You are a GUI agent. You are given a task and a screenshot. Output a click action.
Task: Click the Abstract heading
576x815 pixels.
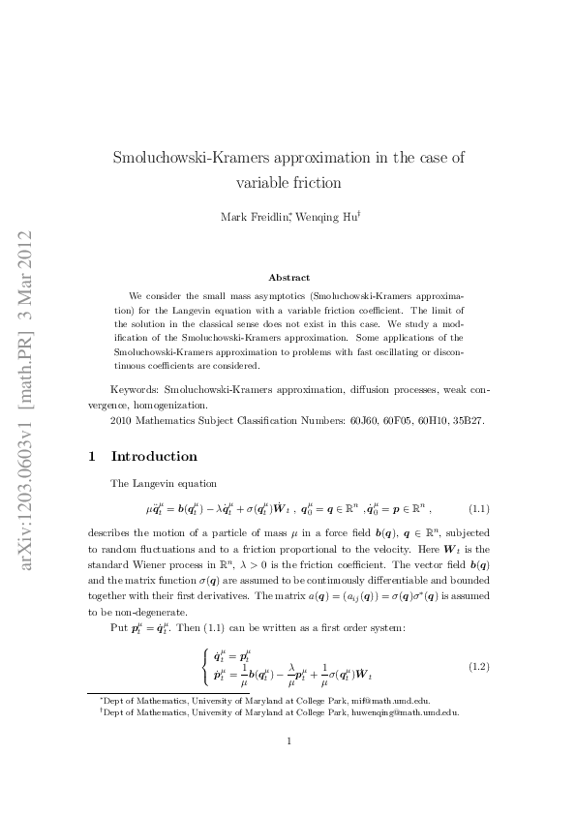click(288, 278)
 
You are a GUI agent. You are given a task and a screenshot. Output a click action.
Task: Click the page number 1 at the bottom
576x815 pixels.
click(288, 769)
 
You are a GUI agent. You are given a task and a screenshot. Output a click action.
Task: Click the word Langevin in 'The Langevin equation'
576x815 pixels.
click(155, 483)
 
